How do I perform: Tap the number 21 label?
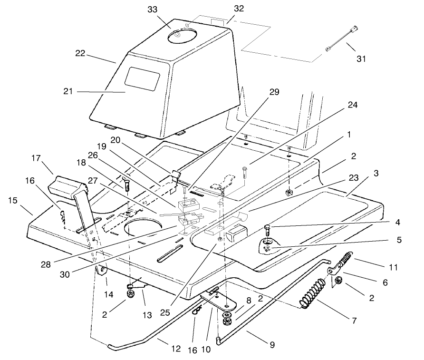tap(68, 91)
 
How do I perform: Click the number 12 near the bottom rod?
tap(175, 349)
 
